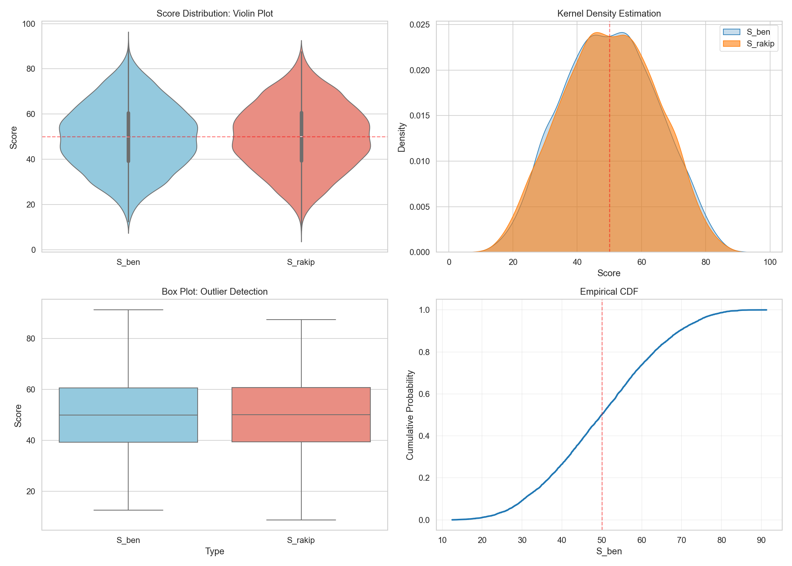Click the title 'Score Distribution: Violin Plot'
tap(215, 14)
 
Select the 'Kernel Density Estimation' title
tap(609, 14)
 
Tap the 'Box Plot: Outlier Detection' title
tap(215, 292)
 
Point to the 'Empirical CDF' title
tap(609, 292)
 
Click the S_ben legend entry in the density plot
tap(758, 32)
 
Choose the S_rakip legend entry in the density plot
tap(760, 44)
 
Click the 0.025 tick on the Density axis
tap(420, 25)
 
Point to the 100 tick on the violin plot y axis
tap(29, 24)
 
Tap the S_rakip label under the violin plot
tap(301, 262)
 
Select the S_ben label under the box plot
tap(128, 540)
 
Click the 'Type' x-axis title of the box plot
tap(215, 552)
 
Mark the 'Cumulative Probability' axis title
tap(410, 415)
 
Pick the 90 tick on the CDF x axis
tap(761, 540)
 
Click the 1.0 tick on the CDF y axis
tap(424, 310)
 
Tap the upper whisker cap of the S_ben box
tap(128, 310)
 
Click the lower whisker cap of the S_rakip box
tap(301, 520)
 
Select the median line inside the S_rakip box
tap(301, 415)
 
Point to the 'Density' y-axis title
tap(402, 137)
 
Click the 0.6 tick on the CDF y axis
tap(424, 394)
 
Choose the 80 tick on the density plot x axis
tap(706, 262)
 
